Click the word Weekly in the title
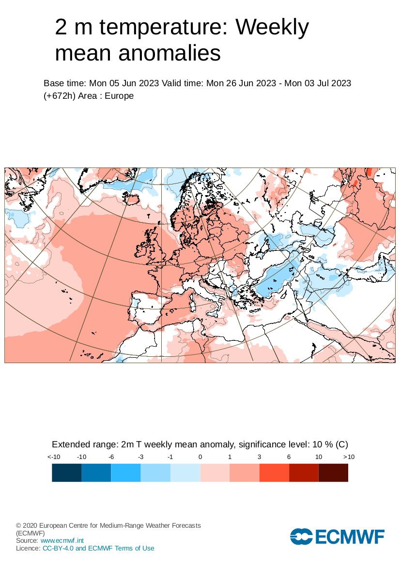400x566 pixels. click(x=272, y=28)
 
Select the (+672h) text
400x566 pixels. click(x=59, y=96)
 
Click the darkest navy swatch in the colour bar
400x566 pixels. click(x=66, y=472)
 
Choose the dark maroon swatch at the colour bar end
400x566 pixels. click(x=333, y=472)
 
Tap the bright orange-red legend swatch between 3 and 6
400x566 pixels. click(x=274, y=472)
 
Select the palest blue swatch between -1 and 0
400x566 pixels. click(x=185, y=472)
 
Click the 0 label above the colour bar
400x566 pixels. click(x=200, y=457)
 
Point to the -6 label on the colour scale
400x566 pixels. click(x=111, y=457)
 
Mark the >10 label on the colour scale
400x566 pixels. click(x=349, y=457)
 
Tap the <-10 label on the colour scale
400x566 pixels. click(x=53, y=457)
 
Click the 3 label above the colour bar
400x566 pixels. click(x=260, y=457)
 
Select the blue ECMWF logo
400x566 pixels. click(x=337, y=536)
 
